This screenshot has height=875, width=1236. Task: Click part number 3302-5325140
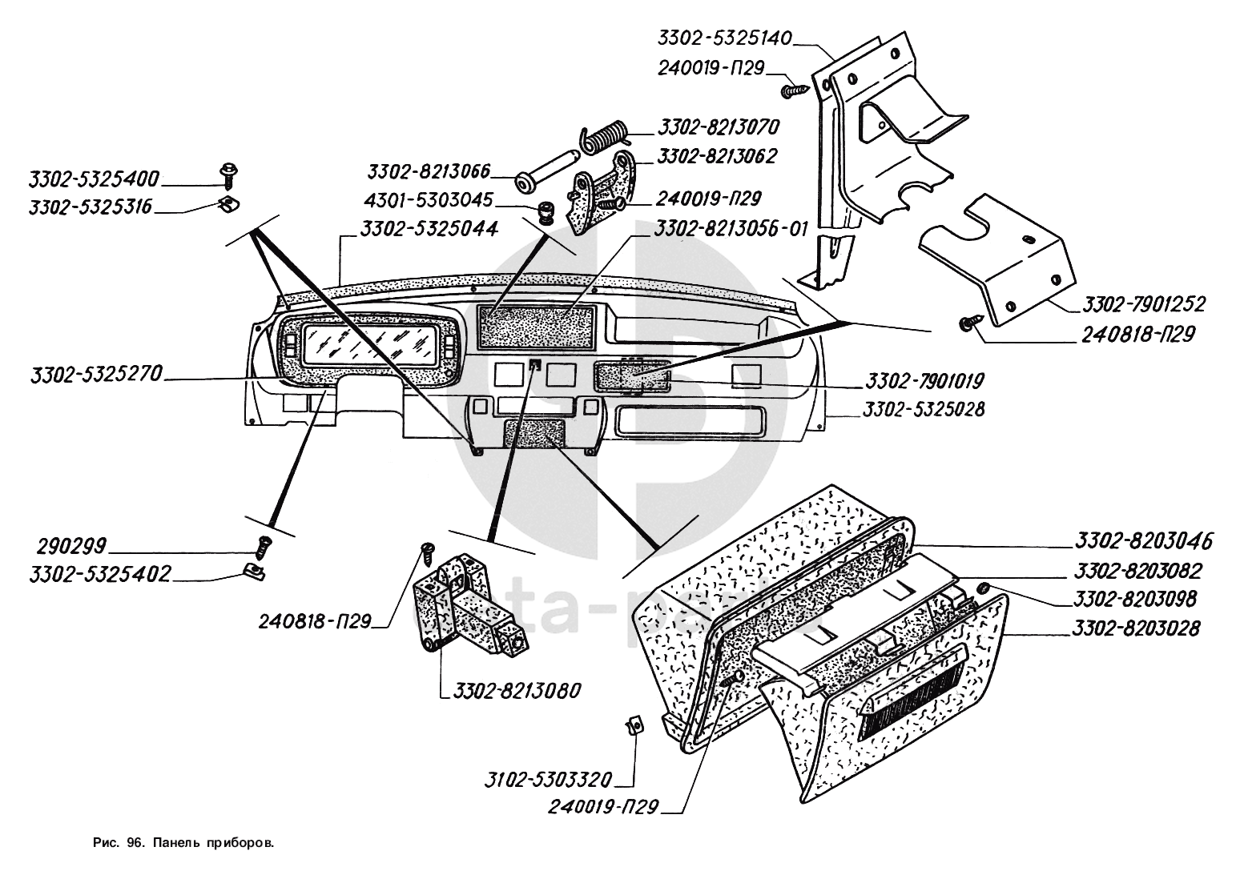725,38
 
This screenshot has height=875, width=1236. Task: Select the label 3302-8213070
718,127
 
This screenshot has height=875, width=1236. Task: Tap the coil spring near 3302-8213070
606,134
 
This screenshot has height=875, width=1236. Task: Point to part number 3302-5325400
94,178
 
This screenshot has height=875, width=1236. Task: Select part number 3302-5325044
429,229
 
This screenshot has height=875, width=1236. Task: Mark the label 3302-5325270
96,374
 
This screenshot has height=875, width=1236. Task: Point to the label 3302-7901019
924,379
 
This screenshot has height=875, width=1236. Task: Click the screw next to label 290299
263,548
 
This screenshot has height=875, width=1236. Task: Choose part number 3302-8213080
517,690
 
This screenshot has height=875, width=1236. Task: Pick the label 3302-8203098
1135,599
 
